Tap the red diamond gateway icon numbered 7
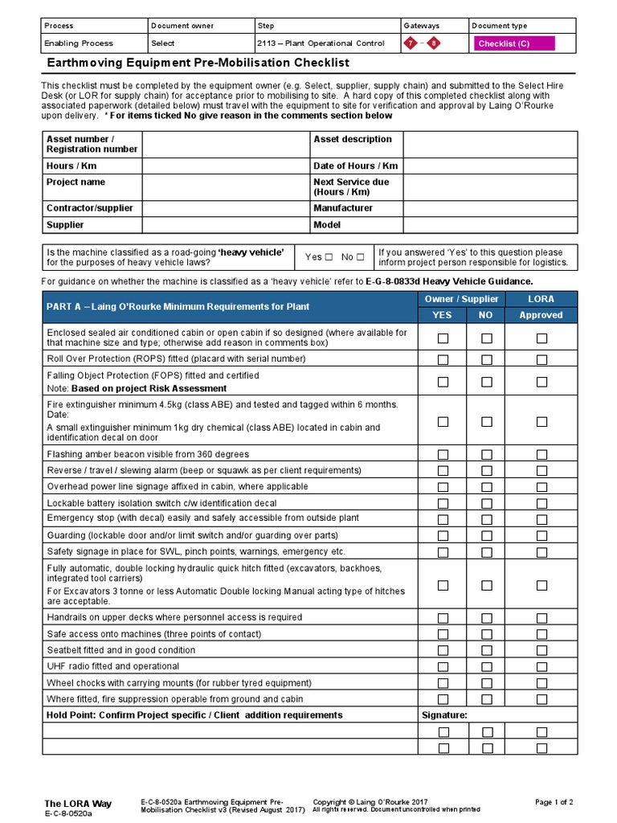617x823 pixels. click(411, 43)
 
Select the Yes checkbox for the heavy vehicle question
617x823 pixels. click(329, 257)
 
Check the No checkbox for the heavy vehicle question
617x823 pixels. click(361, 257)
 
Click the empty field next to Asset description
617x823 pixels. click(489, 145)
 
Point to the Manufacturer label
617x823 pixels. click(343, 208)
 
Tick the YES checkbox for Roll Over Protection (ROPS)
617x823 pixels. click(443, 359)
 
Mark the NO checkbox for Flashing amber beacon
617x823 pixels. click(487, 454)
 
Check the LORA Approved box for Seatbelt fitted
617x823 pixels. click(542, 650)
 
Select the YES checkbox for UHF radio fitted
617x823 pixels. click(443, 666)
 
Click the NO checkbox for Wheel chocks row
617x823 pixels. click(487, 683)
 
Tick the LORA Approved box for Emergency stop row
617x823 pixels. click(542, 519)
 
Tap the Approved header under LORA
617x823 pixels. click(541, 316)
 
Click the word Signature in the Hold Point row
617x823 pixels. click(444, 714)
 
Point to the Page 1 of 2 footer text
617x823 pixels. click(554, 802)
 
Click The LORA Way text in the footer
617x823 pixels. click(78, 803)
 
